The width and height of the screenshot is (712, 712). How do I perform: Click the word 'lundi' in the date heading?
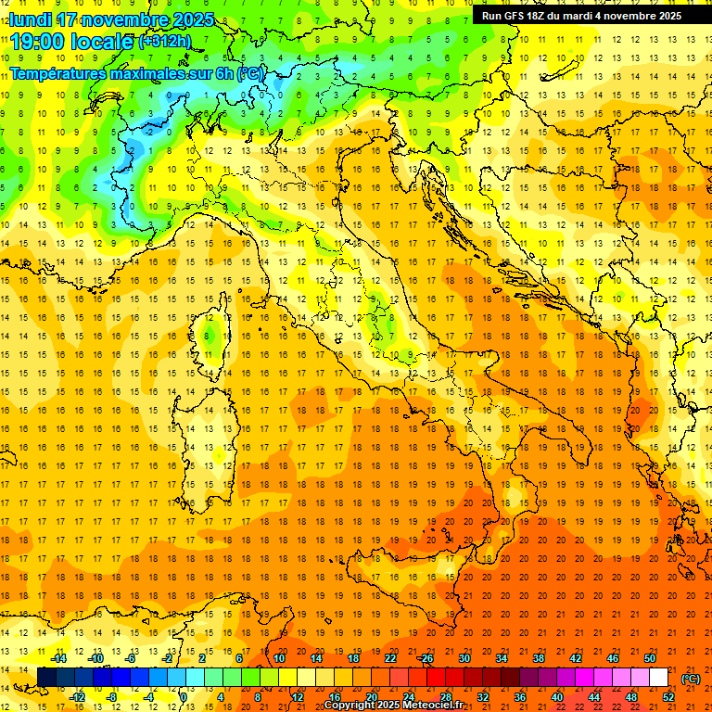pyautogui.click(x=31, y=19)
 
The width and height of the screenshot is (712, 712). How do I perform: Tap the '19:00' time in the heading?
pyautogui.click(x=38, y=41)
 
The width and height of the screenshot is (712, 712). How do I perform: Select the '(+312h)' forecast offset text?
pyautogui.click(x=164, y=41)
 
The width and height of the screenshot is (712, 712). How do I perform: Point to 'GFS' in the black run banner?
pyautogui.click(x=514, y=15)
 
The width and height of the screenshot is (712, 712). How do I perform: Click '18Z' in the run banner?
pyautogui.click(x=538, y=15)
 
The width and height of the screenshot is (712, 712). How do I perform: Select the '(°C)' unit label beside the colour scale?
pyautogui.click(x=691, y=679)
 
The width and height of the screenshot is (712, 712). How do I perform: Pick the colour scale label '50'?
pyautogui.click(x=649, y=658)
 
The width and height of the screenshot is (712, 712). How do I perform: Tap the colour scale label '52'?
pyautogui.click(x=667, y=697)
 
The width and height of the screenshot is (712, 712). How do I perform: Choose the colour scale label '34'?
pyautogui.click(x=501, y=658)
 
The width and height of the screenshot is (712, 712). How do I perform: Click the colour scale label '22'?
pyautogui.click(x=389, y=658)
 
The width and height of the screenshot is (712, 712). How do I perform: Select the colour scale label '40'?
pyautogui.click(x=556, y=697)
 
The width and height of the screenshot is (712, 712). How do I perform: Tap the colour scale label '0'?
pyautogui.click(x=184, y=697)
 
